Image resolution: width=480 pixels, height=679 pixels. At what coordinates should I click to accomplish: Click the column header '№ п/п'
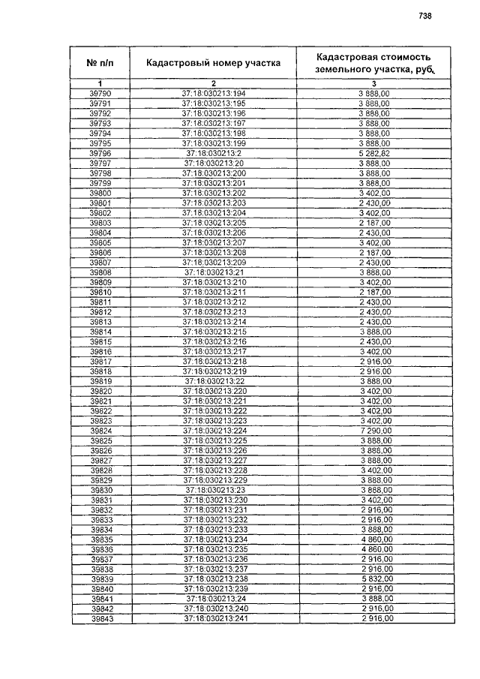[x=100, y=62]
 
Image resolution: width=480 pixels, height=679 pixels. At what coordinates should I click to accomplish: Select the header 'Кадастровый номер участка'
[x=213, y=63]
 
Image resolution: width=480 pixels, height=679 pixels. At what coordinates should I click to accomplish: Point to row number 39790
[x=100, y=93]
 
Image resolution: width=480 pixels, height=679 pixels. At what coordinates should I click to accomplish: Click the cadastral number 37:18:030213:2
[x=213, y=153]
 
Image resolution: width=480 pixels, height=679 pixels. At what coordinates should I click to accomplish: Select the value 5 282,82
[x=374, y=153]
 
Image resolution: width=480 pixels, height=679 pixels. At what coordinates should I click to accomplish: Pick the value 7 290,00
[x=374, y=431]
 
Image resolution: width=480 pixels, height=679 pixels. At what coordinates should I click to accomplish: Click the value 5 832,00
[x=374, y=579]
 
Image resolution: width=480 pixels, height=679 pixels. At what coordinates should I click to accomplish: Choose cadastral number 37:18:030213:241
[x=214, y=619]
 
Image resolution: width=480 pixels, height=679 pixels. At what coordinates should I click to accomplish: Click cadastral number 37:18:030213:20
[x=213, y=163]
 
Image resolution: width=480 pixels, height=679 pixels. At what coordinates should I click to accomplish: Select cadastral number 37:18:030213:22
[x=214, y=381]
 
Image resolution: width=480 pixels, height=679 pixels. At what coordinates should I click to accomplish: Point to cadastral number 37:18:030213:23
[x=214, y=490]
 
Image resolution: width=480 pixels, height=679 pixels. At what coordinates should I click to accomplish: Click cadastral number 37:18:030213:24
[x=214, y=599]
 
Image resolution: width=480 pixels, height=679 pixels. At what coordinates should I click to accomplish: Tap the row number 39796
[x=100, y=153]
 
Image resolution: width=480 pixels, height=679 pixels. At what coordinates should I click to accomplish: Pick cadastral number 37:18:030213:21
[x=213, y=272]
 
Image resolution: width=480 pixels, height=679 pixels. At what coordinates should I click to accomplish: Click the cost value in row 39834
[x=374, y=530]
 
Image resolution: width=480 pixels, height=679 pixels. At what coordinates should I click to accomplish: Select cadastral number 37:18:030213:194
[x=213, y=93]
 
